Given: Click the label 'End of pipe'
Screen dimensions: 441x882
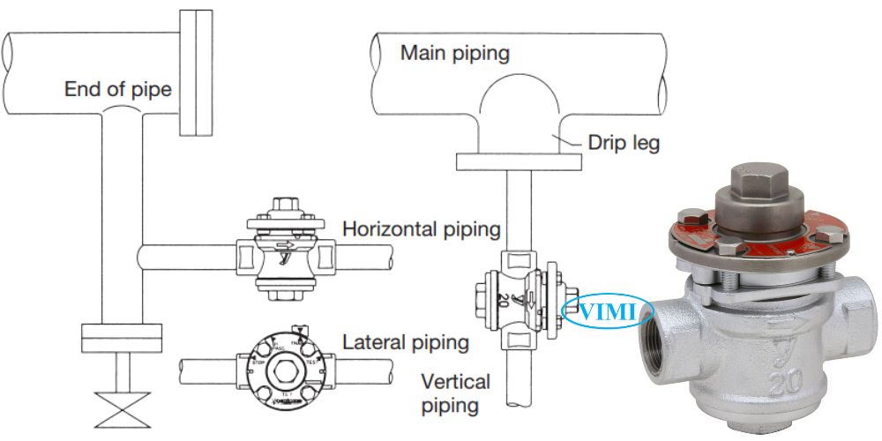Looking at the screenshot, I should point(117,88).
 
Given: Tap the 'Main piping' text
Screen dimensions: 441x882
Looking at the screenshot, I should point(455,52).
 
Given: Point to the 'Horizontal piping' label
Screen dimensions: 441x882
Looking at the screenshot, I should point(422,229).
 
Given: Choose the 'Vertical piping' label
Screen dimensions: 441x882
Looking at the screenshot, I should point(455,393).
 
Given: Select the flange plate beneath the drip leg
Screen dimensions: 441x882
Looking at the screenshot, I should point(519,161).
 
